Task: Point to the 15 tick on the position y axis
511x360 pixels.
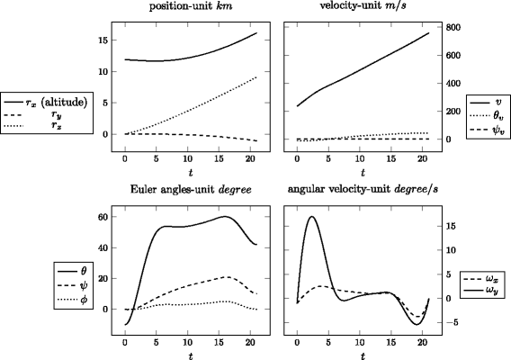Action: [102, 40]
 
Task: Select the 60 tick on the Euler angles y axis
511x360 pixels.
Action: [102, 217]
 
